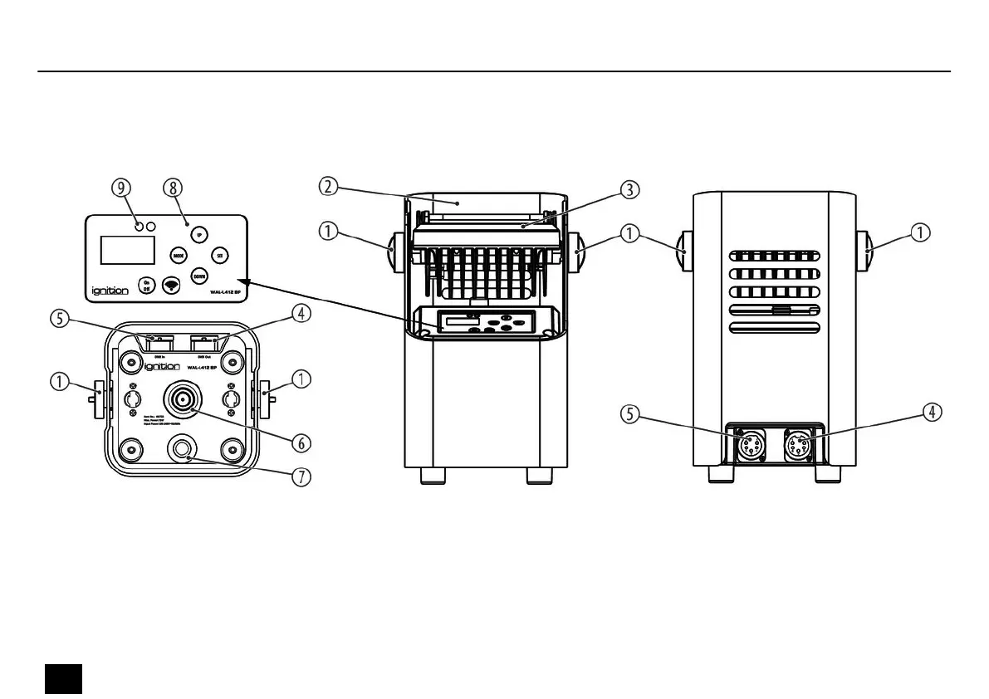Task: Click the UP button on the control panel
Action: click(x=198, y=235)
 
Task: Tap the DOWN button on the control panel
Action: click(x=199, y=276)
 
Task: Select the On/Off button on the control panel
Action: click(x=146, y=285)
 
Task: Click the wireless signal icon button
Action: click(x=172, y=285)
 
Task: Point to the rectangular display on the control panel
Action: click(x=128, y=251)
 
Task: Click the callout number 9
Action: click(x=124, y=188)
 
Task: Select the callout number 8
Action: click(x=172, y=188)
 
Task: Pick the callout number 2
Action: click(x=329, y=187)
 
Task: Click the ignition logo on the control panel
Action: click(x=108, y=292)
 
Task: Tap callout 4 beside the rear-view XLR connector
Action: click(x=934, y=412)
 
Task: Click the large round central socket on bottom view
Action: click(x=181, y=398)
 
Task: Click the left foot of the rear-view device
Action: click(x=720, y=474)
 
